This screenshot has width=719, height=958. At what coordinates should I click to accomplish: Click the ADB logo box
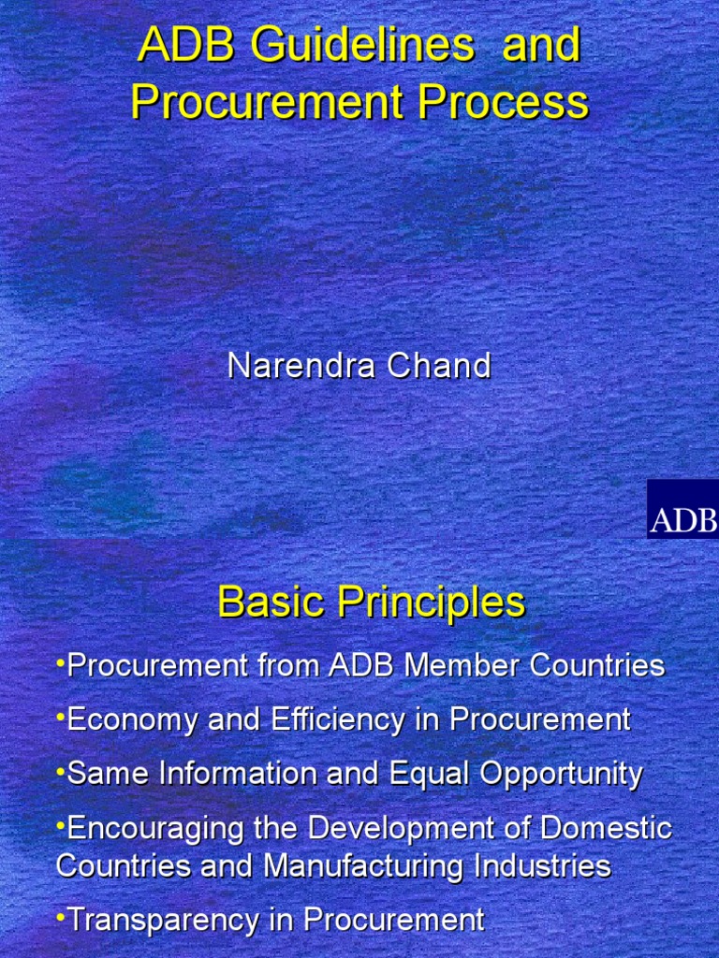(682, 509)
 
